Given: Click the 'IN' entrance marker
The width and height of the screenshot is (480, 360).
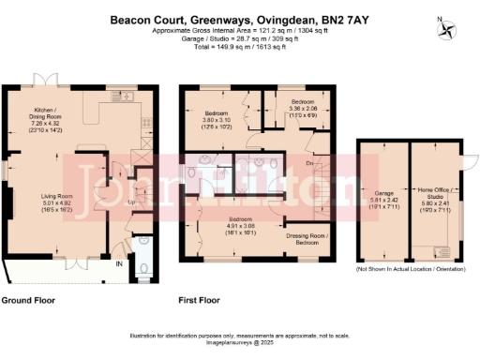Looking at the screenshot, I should [117, 265].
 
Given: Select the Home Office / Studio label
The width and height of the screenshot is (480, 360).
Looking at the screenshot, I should [436, 196].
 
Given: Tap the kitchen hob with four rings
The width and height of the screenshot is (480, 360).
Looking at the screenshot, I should [144, 122].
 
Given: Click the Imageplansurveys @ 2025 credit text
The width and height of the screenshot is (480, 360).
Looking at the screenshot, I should [239, 344].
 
